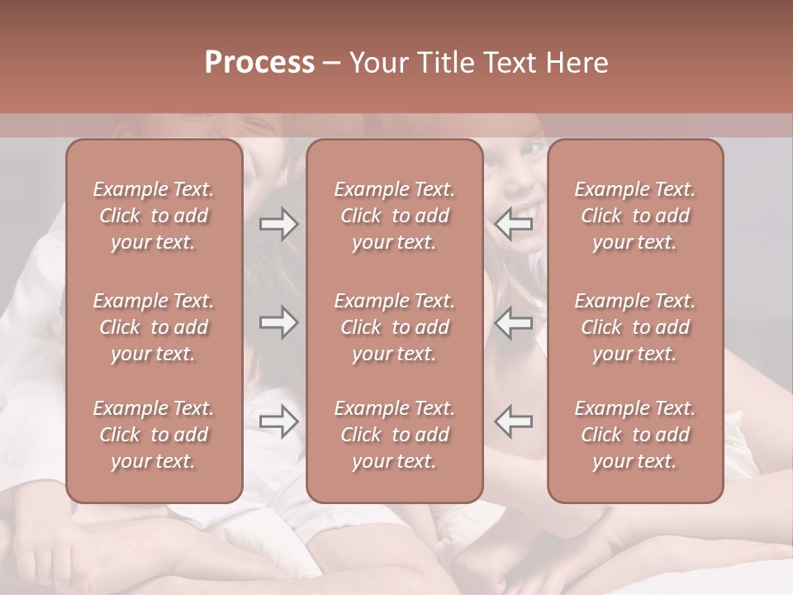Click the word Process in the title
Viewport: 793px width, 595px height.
click(x=259, y=63)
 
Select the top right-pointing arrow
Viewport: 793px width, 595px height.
click(x=278, y=224)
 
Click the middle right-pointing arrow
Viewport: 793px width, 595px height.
click(x=278, y=322)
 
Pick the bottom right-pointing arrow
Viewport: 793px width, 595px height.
click(x=278, y=421)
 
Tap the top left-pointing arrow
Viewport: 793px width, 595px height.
click(x=514, y=224)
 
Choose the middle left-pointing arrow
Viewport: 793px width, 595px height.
click(x=514, y=322)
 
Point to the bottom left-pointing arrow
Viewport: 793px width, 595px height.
click(x=514, y=421)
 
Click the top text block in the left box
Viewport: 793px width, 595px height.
click(x=154, y=216)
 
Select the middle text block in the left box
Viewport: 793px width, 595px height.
click(x=154, y=327)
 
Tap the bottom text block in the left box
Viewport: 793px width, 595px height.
click(x=154, y=435)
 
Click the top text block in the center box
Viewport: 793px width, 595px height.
click(x=395, y=216)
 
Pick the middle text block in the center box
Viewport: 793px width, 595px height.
click(x=395, y=327)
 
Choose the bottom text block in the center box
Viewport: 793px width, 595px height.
click(x=395, y=435)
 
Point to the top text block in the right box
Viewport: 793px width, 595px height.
click(x=635, y=216)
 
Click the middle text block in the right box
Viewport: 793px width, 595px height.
click(x=635, y=327)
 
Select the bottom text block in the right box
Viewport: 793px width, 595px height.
click(x=635, y=435)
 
